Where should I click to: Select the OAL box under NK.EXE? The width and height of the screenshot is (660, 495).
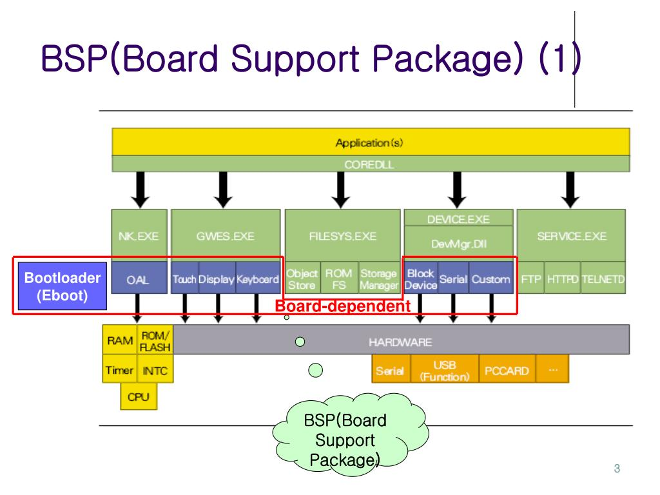[138, 280]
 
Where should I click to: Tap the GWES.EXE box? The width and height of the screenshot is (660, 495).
[226, 236]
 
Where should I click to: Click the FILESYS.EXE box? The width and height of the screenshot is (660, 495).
[342, 236]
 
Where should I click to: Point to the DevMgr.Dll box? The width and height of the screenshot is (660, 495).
[458, 244]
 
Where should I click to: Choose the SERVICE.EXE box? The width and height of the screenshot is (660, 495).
[571, 236]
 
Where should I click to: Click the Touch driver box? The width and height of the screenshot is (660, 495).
[184, 280]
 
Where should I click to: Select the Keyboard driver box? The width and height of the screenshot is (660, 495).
[258, 280]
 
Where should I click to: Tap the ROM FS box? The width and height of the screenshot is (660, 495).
[338, 280]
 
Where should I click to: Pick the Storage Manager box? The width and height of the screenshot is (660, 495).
[378, 280]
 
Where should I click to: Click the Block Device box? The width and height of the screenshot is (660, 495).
[420, 280]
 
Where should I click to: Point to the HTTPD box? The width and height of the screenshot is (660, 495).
[563, 280]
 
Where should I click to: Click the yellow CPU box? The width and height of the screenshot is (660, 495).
[138, 396]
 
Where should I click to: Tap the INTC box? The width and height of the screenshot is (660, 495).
[155, 371]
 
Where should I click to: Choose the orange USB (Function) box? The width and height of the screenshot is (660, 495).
[445, 371]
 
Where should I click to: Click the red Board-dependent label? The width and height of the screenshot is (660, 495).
[343, 306]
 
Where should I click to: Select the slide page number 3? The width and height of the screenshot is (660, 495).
[617, 469]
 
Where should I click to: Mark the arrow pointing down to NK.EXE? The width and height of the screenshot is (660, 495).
[138, 189]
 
